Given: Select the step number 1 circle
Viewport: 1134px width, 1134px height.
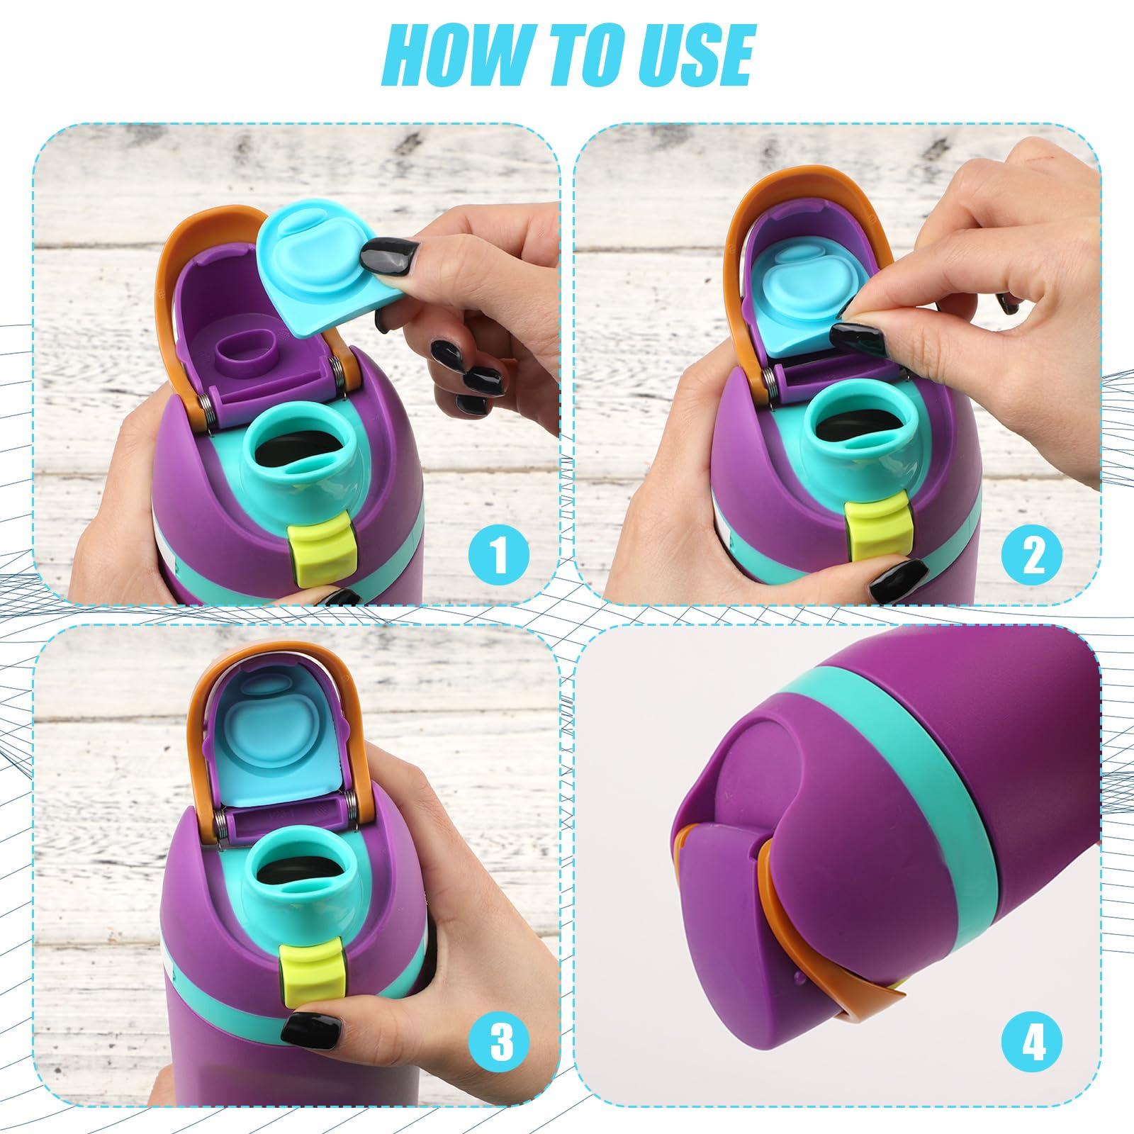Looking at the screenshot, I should pyautogui.click(x=500, y=555).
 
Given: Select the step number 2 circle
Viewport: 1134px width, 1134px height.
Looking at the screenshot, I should pyautogui.click(x=1033, y=555).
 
